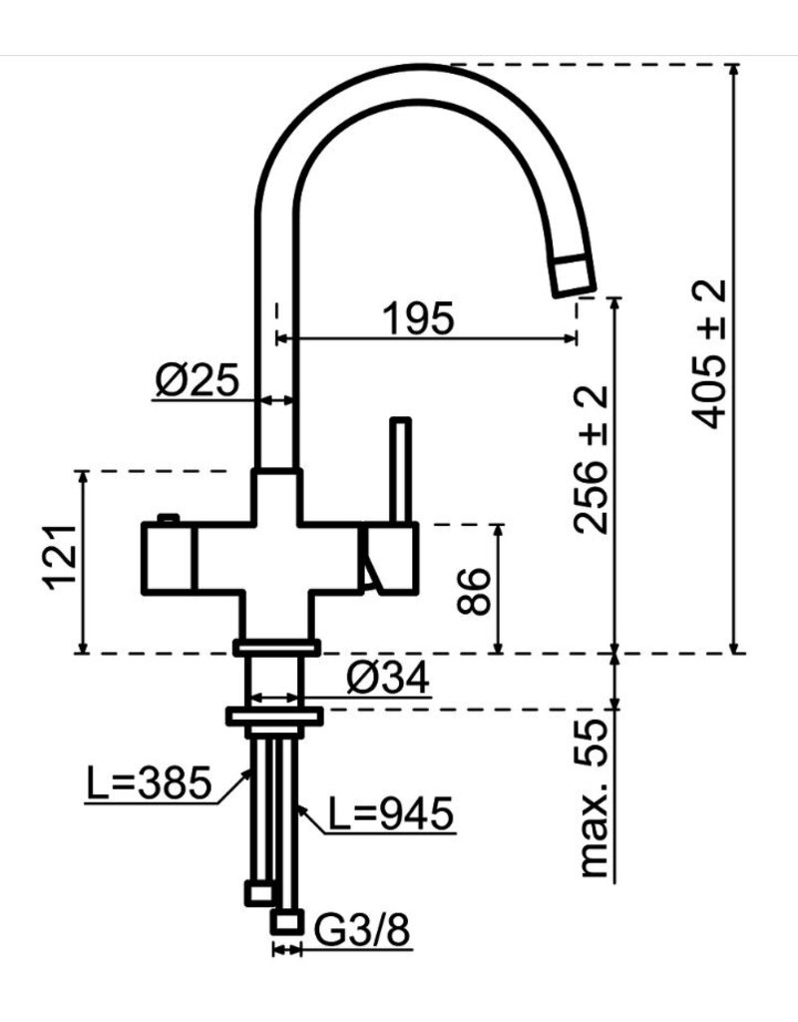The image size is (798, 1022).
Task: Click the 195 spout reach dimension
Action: coord(418,317)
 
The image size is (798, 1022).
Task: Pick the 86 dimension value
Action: coord(474,591)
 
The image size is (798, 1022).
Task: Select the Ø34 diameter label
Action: coord(388,680)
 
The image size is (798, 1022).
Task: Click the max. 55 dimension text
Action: coord(596,800)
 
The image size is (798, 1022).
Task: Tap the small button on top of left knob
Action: coord(168,517)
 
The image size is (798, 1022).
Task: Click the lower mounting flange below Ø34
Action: coord(274,715)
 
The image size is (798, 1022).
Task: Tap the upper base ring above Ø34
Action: coord(274,648)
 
